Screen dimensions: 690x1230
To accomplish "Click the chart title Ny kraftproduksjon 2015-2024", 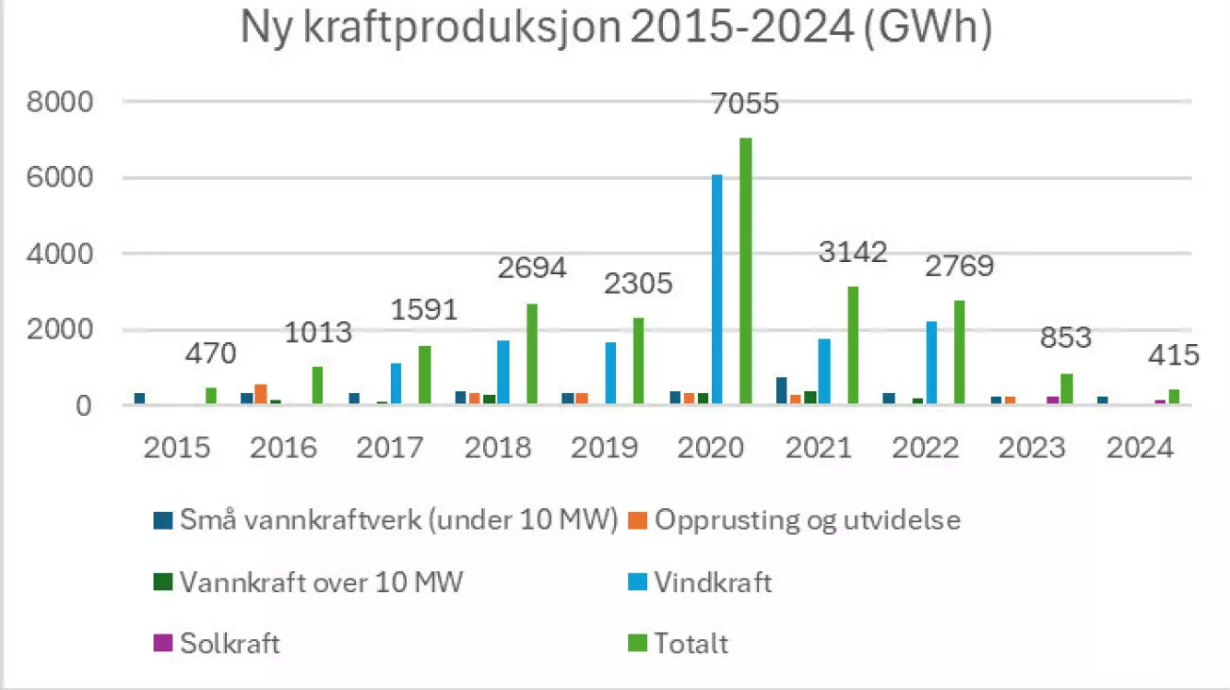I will click(x=615, y=29).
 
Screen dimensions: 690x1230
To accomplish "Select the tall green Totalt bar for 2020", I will click(x=745, y=271).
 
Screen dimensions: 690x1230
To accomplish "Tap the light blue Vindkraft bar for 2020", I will click(x=716, y=290).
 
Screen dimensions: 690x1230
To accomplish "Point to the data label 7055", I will click(x=745, y=102).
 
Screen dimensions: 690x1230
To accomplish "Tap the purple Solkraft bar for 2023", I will click(x=1052, y=400).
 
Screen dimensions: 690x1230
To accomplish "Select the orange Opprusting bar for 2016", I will click(x=261, y=395).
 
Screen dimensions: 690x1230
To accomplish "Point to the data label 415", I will click(x=1171, y=355).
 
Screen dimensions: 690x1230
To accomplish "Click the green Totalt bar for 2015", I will click(x=210, y=397).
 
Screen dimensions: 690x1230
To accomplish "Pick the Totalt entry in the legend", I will click(x=691, y=643).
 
